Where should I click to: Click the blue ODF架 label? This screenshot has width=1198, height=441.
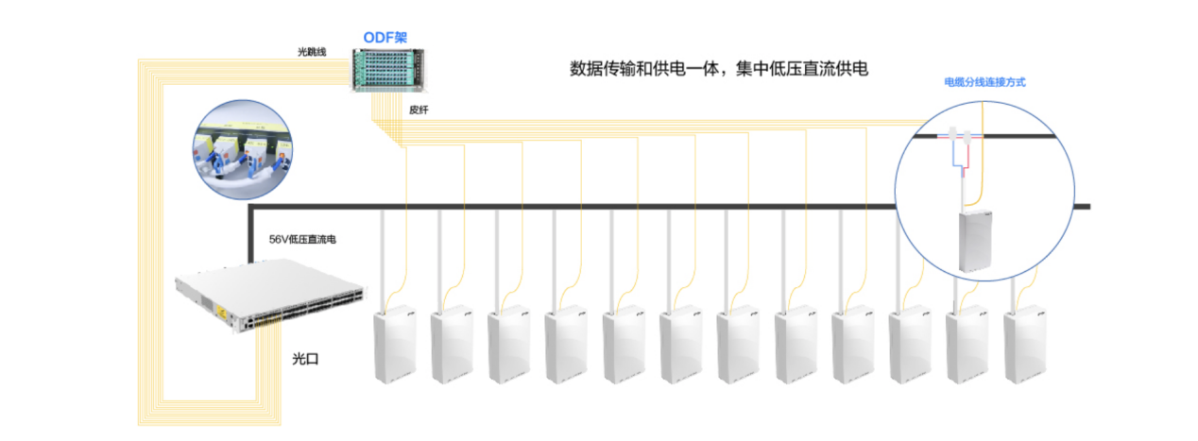tap(385, 38)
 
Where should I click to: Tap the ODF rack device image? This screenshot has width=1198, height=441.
tap(388, 70)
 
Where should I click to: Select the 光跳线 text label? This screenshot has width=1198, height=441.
tap(312, 52)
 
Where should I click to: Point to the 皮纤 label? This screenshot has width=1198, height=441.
tap(419, 110)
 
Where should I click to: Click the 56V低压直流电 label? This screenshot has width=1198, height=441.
tap(302, 240)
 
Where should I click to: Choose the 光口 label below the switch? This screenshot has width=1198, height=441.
tap(305, 359)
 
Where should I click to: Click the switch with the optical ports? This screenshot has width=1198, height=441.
tap(270, 296)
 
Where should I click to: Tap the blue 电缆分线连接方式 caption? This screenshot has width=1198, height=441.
tap(984, 82)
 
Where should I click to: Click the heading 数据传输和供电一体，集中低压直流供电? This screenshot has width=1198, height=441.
tap(719, 69)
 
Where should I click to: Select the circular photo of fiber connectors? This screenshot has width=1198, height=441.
tap(242, 149)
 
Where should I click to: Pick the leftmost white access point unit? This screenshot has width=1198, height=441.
tap(395, 345)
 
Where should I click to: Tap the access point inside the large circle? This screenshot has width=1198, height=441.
tap(975, 241)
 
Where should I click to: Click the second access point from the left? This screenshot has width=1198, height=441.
tap(452, 345)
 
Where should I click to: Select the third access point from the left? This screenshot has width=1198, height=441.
tap(509, 345)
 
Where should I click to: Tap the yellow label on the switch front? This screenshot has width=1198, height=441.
tap(220, 311)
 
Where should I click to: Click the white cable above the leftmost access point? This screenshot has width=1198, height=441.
tap(383, 261)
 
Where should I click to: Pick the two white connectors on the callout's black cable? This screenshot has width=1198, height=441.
tap(960, 135)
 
